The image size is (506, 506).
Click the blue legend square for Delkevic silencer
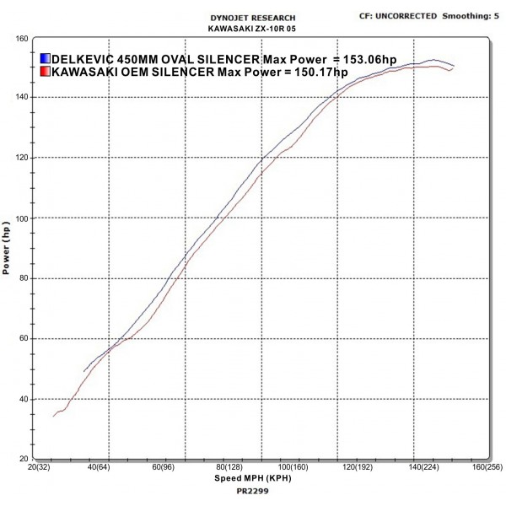pos(45,59)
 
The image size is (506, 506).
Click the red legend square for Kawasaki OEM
pos(45,73)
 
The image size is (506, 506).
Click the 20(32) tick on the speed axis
pos(38,466)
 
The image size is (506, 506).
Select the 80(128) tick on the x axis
pos(228,466)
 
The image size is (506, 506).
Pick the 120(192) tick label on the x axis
pos(356,466)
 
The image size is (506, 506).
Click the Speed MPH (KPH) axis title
pos(252,476)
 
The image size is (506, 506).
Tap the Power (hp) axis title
pos(8,250)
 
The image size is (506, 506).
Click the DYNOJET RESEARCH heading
pos(253,18)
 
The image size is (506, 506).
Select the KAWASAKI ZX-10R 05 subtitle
pos(253,28)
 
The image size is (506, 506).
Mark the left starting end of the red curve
pos(53,417)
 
